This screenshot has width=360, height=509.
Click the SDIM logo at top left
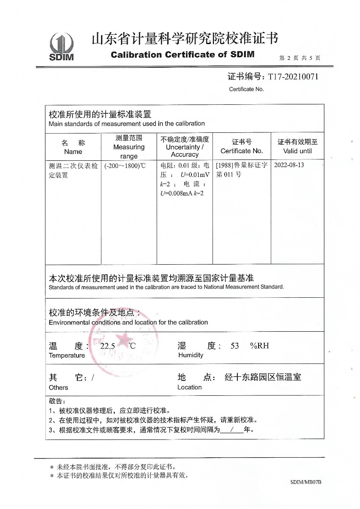tap(62, 46)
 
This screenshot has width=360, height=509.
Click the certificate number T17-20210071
tap(292, 76)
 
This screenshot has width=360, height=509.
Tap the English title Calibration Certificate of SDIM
tap(183, 54)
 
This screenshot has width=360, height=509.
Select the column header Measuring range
tap(129, 147)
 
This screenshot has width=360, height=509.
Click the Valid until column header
tap(297, 151)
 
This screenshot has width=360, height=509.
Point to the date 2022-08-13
tap(289, 165)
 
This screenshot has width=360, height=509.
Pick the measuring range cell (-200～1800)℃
tap(125, 165)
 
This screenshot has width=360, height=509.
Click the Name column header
tap(73, 151)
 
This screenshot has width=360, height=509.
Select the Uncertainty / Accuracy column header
tap(185, 147)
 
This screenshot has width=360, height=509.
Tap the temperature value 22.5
tap(107, 346)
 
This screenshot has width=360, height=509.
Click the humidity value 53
tap(235, 346)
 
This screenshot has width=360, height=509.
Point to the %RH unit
tap(259, 346)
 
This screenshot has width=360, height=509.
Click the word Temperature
tap(67, 355)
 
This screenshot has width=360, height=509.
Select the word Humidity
tap(191, 355)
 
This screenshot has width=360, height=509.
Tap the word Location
tap(189, 387)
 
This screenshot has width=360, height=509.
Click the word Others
tap(58, 387)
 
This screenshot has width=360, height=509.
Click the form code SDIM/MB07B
tap(306, 482)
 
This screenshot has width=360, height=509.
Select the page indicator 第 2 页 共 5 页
tap(299, 58)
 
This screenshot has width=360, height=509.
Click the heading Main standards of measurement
tap(127, 123)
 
